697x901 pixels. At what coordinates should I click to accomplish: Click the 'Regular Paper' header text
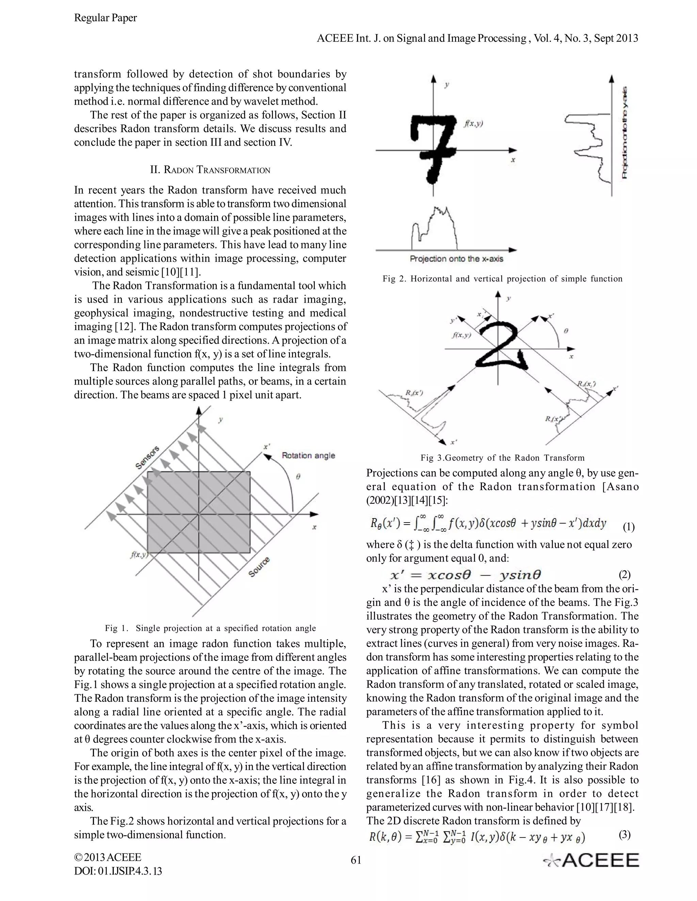pyautogui.click(x=105, y=18)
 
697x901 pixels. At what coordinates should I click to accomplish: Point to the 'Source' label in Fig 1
pyautogui.click(x=259, y=567)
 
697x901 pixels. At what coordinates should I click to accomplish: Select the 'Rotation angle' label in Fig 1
pyautogui.click(x=308, y=456)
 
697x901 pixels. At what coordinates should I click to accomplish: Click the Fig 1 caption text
pyautogui.click(x=210, y=628)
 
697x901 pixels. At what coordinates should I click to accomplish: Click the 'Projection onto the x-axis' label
pyautogui.click(x=456, y=259)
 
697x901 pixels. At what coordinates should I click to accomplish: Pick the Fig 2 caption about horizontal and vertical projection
pyautogui.click(x=502, y=279)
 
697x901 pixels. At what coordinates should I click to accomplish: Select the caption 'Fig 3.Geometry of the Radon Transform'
pyautogui.click(x=502, y=458)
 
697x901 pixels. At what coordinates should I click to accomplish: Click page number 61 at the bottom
pyautogui.click(x=356, y=860)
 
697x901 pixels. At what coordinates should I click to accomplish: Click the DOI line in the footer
pyautogui.click(x=118, y=871)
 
